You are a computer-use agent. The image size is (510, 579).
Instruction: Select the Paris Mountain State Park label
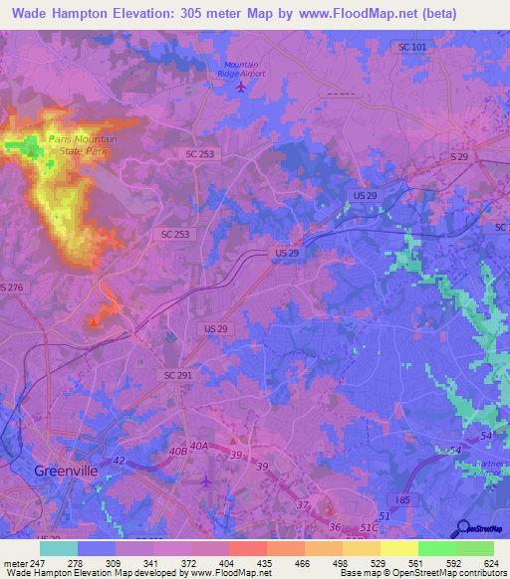pos(83,144)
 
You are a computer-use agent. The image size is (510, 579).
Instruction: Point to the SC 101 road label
pos(411,47)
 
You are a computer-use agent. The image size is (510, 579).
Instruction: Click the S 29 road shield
pos(458,158)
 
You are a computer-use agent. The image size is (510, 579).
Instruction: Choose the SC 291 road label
pos(178,374)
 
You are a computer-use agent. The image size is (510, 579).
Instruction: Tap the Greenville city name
pos(68,471)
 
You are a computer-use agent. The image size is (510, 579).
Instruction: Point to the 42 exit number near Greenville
pos(118,460)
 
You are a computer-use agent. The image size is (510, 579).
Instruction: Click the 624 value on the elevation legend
pos(493,563)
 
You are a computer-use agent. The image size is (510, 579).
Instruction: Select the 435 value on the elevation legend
pos(266,563)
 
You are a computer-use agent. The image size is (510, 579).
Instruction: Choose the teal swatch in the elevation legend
pos(59,548)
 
